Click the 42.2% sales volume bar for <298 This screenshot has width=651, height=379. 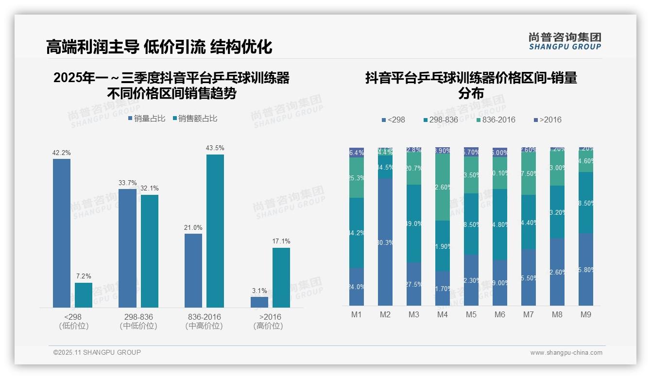pyautogui.click(x=62, y=233)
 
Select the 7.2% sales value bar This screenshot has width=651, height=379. pyautogui.click(x=84, y=295)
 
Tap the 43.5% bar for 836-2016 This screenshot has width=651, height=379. pyautogui.click(x=215, y=231)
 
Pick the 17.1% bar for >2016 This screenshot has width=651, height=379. pyautogui.click(x=281, y=277)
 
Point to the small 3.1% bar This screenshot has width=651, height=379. pyautogui.click(x=259, y=302)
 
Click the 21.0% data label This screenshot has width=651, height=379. pyautogui.click(x=193, y=227)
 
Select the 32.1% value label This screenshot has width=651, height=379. pyautogui.click(x=150, y=189)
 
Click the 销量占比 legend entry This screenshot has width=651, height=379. pyautogui.click(x=147, y=119)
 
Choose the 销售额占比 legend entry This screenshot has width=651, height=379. pyautogui.click(x=194, y=119)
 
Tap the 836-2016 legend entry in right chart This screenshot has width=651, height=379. pyautogui.click(x=495, y=120)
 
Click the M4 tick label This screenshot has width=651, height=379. pyautogui.click(x=442, y=315)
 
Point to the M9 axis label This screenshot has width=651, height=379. pyautogui.click(x=586, y=315)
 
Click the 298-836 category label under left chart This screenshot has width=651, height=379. pyautogui.click(x=138, y=317)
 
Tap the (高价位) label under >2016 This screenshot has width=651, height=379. pyautogui.click(x=268, y=326)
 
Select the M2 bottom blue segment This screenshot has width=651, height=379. pyautogui.click(x=385, y=241)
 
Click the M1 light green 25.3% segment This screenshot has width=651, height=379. pyautogui.click(x=357, y=177)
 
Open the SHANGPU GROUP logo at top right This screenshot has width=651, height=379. pyautogui.click(x=565, y=41)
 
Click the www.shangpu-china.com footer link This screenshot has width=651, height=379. pyautogui.click(x=566, y=353)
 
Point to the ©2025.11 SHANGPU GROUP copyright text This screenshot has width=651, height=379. pyautogui.click(x=97, y=353)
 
